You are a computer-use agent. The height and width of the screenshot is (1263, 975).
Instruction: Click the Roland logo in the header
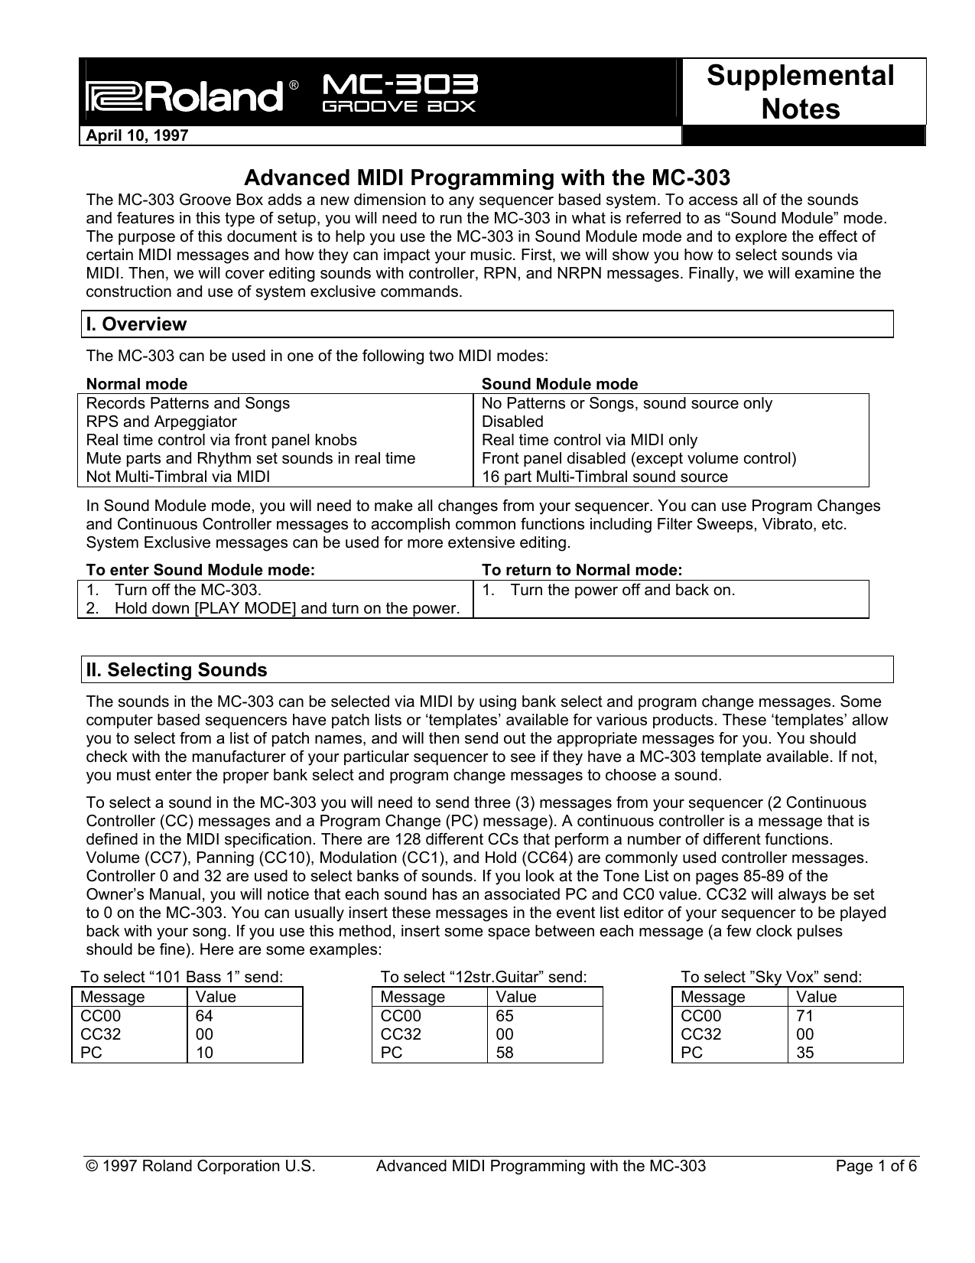tap(184, 97)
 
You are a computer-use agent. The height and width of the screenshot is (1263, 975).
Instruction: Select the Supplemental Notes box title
tap(801, 92)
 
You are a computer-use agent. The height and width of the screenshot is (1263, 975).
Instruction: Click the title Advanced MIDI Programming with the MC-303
tap(486, 178)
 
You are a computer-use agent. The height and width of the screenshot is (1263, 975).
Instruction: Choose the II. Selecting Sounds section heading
tap(177, 670)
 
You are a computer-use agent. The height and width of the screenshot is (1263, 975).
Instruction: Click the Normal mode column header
tap(137, 384)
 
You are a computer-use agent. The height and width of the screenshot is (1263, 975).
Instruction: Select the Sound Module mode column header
tap(559, 384)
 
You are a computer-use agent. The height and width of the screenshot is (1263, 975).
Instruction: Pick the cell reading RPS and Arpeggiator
tap(161, 422)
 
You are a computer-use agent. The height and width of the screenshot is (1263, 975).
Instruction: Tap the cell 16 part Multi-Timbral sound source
tap(604, 477)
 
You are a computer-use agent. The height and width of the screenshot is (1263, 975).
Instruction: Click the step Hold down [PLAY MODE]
tap(287, 609)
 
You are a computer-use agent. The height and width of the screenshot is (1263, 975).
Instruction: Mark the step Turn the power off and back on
tap(622, 591)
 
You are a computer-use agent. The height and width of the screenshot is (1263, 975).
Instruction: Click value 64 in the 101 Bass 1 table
tap(204, 1017)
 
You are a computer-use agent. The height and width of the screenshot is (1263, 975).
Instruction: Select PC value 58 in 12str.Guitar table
tap(505, 1053)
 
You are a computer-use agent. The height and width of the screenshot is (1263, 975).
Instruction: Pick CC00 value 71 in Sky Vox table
tap(804, 1017)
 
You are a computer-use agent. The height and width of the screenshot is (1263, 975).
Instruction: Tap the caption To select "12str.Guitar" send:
tap(483, 977)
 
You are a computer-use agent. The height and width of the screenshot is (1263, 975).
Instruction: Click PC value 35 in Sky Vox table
tap(804, 1053)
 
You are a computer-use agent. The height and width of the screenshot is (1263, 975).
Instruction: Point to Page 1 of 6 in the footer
tap(876, 1167)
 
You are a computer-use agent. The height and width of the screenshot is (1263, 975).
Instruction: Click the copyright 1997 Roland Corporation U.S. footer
tap(200, 1167)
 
